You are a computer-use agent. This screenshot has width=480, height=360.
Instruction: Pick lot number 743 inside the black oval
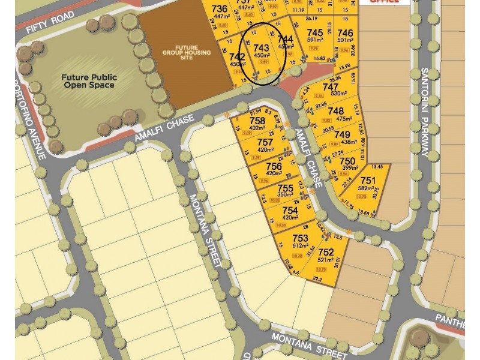(x=261, y=47)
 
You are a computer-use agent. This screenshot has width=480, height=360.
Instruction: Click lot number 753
(x=301, y=238)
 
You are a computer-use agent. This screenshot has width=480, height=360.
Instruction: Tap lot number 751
(x=368, y=181)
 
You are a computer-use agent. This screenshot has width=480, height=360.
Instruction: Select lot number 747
(x=331, y=86)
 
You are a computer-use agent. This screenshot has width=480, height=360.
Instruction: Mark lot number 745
(x=315, y=32)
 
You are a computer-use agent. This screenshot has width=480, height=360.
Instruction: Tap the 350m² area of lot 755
(x=285, y=195)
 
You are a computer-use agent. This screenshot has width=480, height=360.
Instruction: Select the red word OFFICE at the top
(x=384, y=2)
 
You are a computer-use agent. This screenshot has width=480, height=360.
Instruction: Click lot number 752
(x=326, y=253)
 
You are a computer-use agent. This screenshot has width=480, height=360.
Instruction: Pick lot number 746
(x=345, y=32)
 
